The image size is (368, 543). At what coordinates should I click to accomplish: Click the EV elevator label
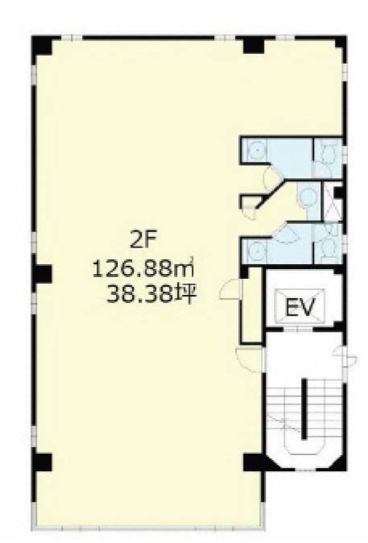pyautogui.click(x=300, y=307)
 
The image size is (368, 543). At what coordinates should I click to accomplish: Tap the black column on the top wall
pyautogui.click(x=254, y=45)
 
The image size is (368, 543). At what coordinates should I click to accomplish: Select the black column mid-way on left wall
pyautogui.click(x=43, y=274)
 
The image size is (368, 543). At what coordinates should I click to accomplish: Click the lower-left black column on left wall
pyautogui.click(x=43, y=462)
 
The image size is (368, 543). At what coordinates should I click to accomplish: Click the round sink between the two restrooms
pyautogui.click(x=307, y=197)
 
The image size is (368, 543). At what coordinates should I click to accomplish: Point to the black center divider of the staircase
pyautogui.click(x=304, y=409)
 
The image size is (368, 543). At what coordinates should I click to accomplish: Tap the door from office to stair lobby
pyautogui.click(x=250, y=360)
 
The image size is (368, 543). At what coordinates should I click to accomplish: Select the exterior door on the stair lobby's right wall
pyautogui.click(x=345, y=356)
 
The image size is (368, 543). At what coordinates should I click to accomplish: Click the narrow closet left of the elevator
pyautogui.click(x=253, y=305)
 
